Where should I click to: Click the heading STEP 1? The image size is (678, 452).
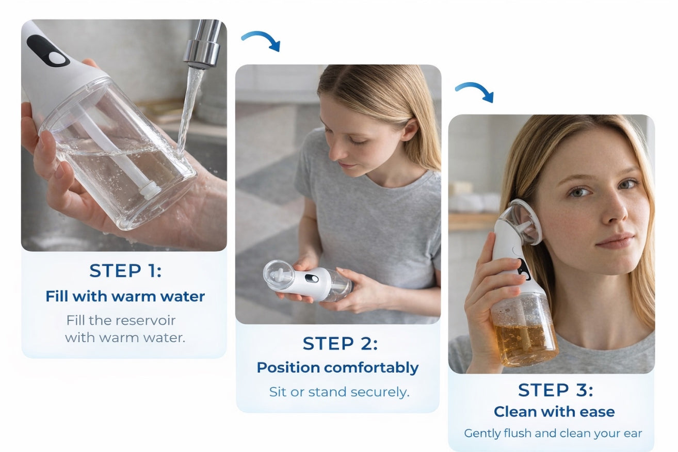pos(125,271)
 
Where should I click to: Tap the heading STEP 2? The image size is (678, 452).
pos(340,344)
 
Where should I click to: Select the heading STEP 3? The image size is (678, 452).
pos(555,390)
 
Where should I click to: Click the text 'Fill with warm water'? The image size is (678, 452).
pos(125,296)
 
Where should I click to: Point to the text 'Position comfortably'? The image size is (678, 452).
pos(337,368)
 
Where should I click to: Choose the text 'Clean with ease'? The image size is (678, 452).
pos(554,412)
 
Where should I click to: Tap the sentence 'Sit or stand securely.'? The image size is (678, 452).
pos(339,392)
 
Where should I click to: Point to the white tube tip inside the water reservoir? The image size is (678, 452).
pos(149,189)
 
